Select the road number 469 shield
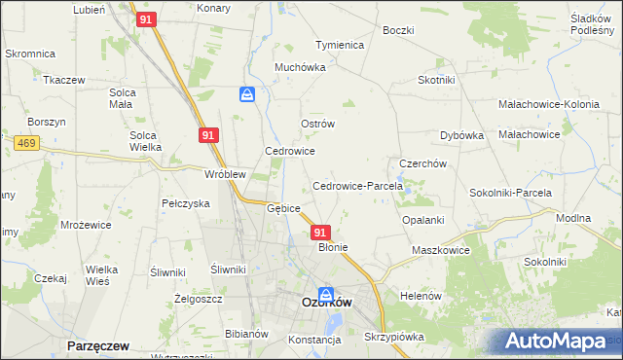click(x=26, y=142)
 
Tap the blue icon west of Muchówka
click(x=247, y=94)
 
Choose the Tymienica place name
click(x=339, y=45)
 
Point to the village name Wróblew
click(x=224, y=174)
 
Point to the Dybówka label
click(x=461, y=135)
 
